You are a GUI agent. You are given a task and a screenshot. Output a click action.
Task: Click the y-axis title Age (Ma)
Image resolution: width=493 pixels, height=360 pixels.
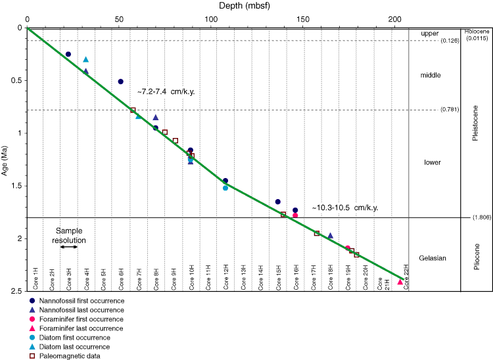coord(6,159)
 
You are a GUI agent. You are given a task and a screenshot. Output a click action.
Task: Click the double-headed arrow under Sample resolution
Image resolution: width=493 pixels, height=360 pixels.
coord(70,246)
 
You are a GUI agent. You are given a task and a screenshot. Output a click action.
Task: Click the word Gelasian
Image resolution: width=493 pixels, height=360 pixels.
coord(432,258)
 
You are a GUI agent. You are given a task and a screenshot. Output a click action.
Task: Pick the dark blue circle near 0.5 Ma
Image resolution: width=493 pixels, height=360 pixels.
coord(120,81)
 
